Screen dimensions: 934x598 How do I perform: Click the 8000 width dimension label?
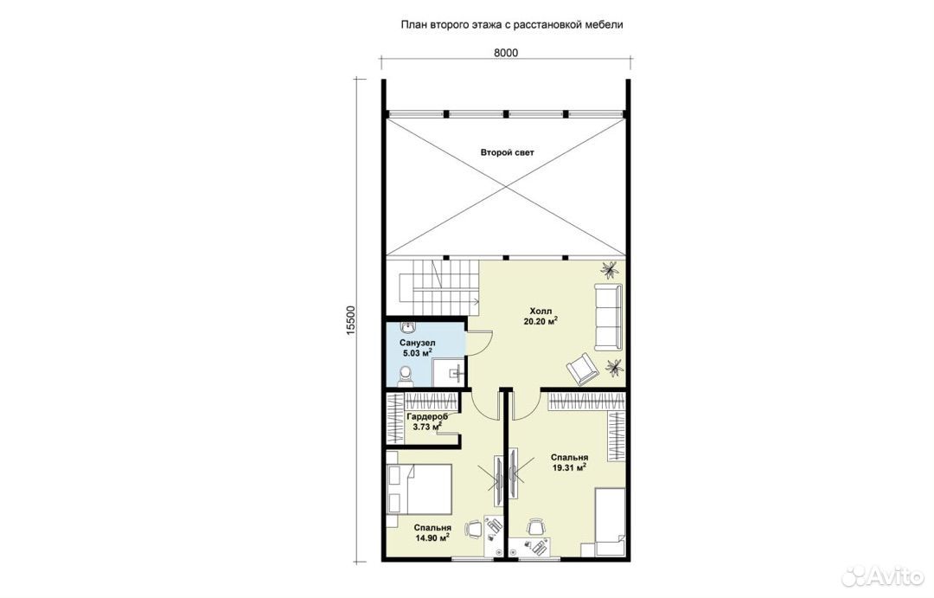point(506,53)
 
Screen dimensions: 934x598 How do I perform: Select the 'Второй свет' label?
point(508,152)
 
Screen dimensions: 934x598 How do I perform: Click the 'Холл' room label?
point(541,312)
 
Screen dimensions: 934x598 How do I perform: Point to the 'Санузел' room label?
point(417,343)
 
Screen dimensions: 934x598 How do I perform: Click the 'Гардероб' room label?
point(426,417)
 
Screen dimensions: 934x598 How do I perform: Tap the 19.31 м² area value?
point(569,467)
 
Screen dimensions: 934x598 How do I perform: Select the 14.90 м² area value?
point(432,537)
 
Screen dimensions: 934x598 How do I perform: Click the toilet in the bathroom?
point(406,375)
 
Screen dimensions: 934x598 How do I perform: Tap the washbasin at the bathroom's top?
point(408,328)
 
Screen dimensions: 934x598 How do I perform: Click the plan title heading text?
point(512,25)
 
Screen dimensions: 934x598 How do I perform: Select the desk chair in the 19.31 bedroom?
point(535,527)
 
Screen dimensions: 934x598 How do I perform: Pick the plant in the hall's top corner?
point(610,270)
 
